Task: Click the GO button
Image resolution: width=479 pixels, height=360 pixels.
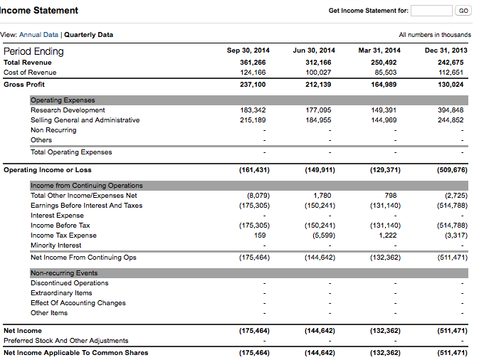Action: coord(463,11)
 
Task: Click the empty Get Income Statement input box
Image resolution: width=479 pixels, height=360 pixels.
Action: coord(431,11)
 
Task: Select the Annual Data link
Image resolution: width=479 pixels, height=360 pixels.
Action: coord(38,35)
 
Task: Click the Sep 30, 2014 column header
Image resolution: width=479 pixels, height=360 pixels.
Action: coord(248,51)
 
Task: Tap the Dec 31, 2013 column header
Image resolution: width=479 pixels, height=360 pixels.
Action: coord(446,51)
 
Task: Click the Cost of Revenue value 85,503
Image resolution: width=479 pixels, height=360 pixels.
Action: coord(386,72)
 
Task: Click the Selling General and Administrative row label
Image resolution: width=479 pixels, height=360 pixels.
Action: coord(85,120)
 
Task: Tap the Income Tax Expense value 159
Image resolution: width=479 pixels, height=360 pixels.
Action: coord(260,235)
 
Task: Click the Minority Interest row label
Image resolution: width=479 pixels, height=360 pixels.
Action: coord(56,245)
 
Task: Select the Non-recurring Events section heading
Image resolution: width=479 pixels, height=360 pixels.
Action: coord(64,273)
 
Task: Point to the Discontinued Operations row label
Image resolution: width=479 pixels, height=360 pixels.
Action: coord(69,283)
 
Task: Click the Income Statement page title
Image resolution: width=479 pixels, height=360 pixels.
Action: coord(41,11)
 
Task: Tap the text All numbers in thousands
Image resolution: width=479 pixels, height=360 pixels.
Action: coord(435,35)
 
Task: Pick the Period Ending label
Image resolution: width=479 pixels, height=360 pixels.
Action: coord(33,51)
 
